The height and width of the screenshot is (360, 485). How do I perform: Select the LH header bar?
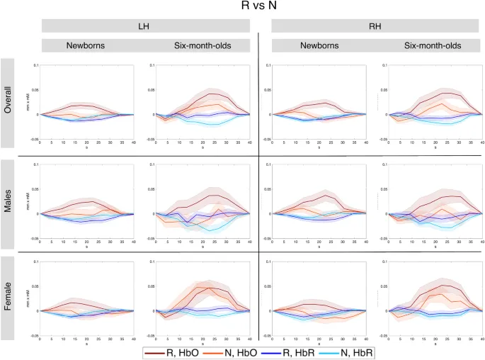pyautogui.click(x=145, y=26)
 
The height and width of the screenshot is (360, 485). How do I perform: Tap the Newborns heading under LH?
pyautogui.click(x=86, y=45)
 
